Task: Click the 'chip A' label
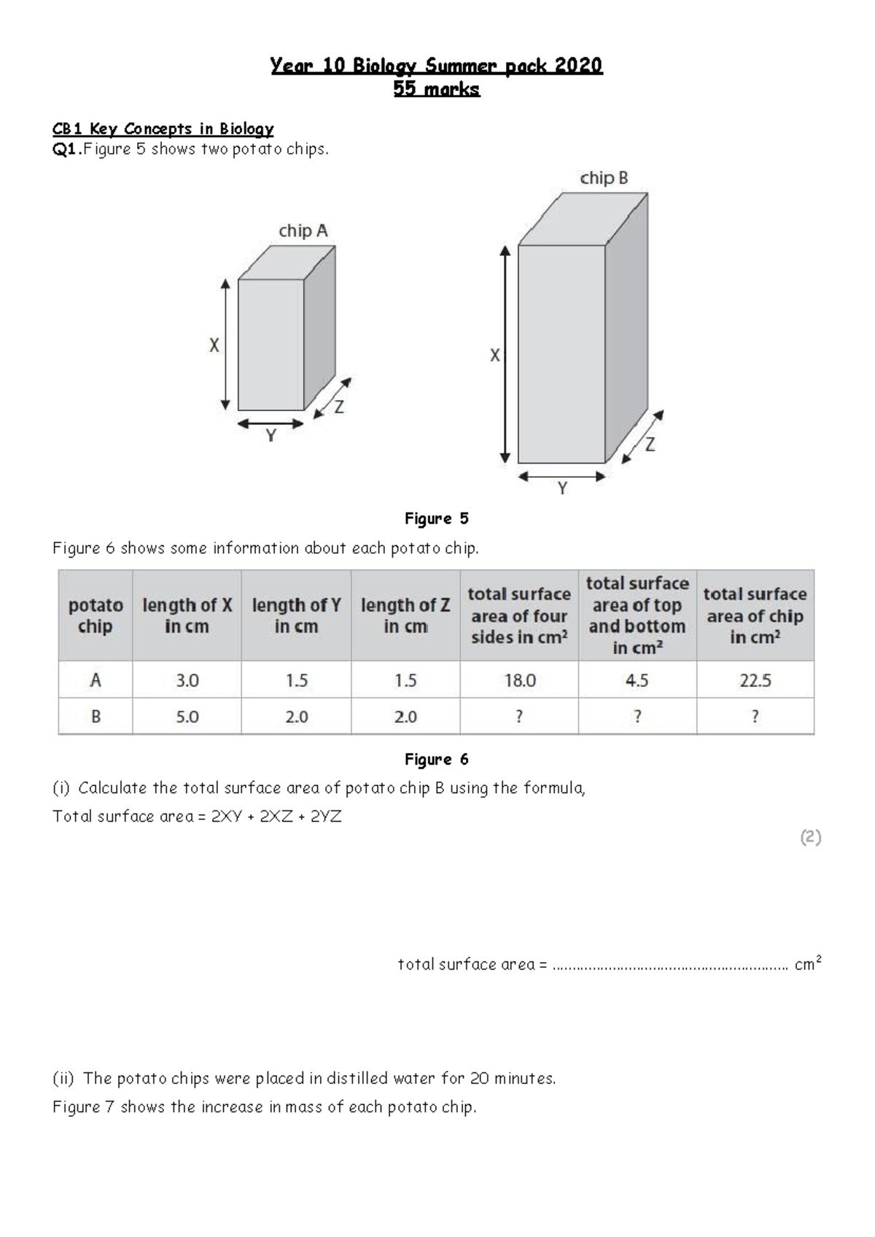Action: point(303,231)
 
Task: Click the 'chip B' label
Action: point(604,178)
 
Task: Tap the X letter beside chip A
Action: point(214,346)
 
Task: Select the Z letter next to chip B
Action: point(650,443)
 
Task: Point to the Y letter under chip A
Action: point(271,436)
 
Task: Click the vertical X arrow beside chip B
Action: point(505,354)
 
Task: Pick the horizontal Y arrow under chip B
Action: point(561,477)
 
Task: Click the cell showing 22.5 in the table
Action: point(755,680)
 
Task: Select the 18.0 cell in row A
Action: point(519,680)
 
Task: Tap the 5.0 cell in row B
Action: point(187,717)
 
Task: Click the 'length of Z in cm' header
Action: point(405,616)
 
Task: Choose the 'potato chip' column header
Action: point(96,616)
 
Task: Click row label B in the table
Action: point(96,717)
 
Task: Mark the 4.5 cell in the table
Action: point(637,680)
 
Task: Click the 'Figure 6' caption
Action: point(436,760)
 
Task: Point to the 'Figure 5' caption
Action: point(436,519)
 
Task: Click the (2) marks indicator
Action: point(810,838)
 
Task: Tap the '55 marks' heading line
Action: point(436,90)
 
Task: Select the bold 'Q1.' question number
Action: point(66,149)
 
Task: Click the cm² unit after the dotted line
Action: point(808,964)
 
